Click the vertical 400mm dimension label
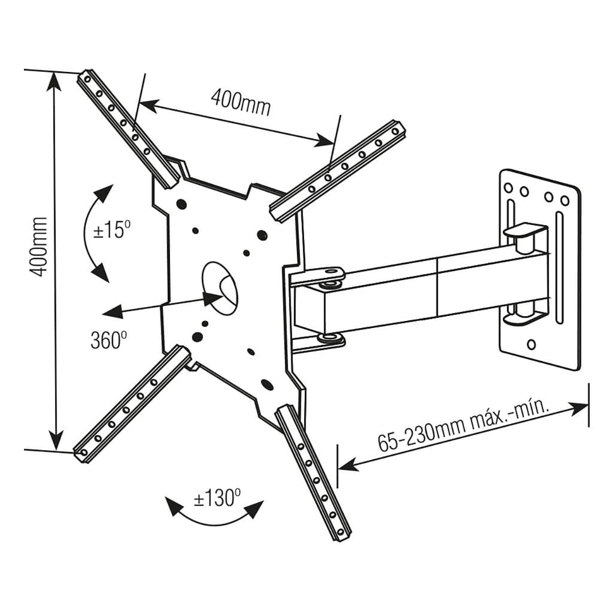pos(38,246)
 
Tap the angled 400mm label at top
pos(240,102)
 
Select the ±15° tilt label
pos(112,229)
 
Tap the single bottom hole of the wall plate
pos(531,345)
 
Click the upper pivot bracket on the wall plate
pos(524,234)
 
